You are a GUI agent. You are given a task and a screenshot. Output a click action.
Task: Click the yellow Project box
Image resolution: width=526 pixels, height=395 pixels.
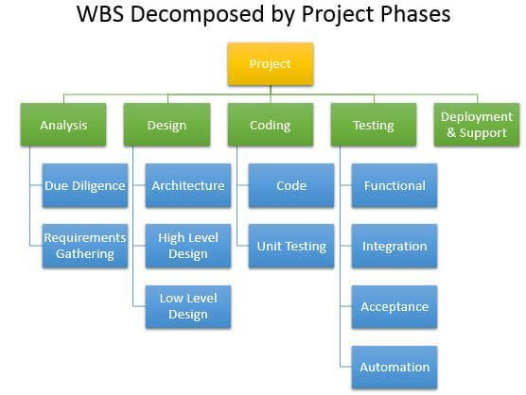[x=271, y=64]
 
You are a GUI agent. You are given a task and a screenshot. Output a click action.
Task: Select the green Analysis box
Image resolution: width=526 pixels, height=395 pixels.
[x=63, y=125]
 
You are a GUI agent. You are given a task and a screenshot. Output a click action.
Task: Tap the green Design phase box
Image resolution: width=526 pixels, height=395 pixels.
[x=167, y=125]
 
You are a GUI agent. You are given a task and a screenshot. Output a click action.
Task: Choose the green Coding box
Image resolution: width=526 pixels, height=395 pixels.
[x=271, y=125]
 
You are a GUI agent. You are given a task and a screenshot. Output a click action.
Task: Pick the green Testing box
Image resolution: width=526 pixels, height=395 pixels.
[x=374, y=125]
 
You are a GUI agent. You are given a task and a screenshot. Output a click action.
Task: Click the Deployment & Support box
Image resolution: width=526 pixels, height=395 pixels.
[x=477, y=125]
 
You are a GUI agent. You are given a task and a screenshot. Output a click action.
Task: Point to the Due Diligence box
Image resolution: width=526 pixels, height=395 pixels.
[x=85, y=185]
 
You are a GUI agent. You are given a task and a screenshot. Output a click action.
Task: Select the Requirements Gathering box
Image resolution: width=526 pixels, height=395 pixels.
[x=85, y=246]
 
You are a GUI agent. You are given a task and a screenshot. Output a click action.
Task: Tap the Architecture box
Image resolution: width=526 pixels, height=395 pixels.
[x=188, y=185]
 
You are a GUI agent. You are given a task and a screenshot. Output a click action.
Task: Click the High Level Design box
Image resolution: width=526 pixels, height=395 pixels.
[x=188, y=246]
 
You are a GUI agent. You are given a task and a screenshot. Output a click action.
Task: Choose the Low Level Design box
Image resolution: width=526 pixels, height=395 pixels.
[x=188, y=306]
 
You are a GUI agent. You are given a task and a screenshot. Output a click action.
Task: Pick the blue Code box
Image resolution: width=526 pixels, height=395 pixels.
[x=291, y=185]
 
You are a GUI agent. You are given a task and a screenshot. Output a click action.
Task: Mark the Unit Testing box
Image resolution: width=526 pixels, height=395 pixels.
[x=291, y=246]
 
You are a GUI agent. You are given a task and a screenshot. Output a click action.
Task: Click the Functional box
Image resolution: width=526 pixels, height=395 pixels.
[x=394, y=185]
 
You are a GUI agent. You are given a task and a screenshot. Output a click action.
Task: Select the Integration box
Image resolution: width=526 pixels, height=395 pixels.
[x=394, y=246]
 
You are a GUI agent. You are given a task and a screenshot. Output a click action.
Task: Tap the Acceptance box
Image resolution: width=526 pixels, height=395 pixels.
[x=394, y=306]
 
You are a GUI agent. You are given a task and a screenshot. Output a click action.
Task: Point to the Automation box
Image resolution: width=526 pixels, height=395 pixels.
[x=394, y=368]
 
